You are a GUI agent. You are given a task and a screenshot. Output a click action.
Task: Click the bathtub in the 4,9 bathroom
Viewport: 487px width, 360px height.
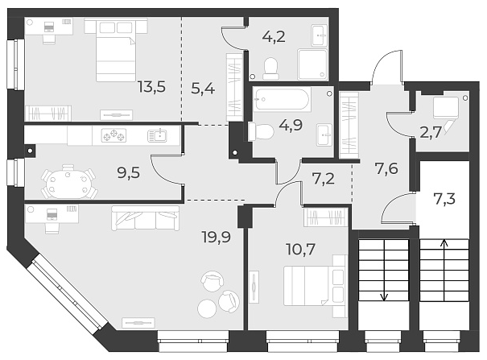click(x=280, y=101)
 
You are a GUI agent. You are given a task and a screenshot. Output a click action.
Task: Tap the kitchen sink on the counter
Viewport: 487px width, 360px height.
click(x=158, y=136)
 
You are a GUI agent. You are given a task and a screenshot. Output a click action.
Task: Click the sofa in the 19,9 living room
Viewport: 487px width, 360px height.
click(x=146, y=216)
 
